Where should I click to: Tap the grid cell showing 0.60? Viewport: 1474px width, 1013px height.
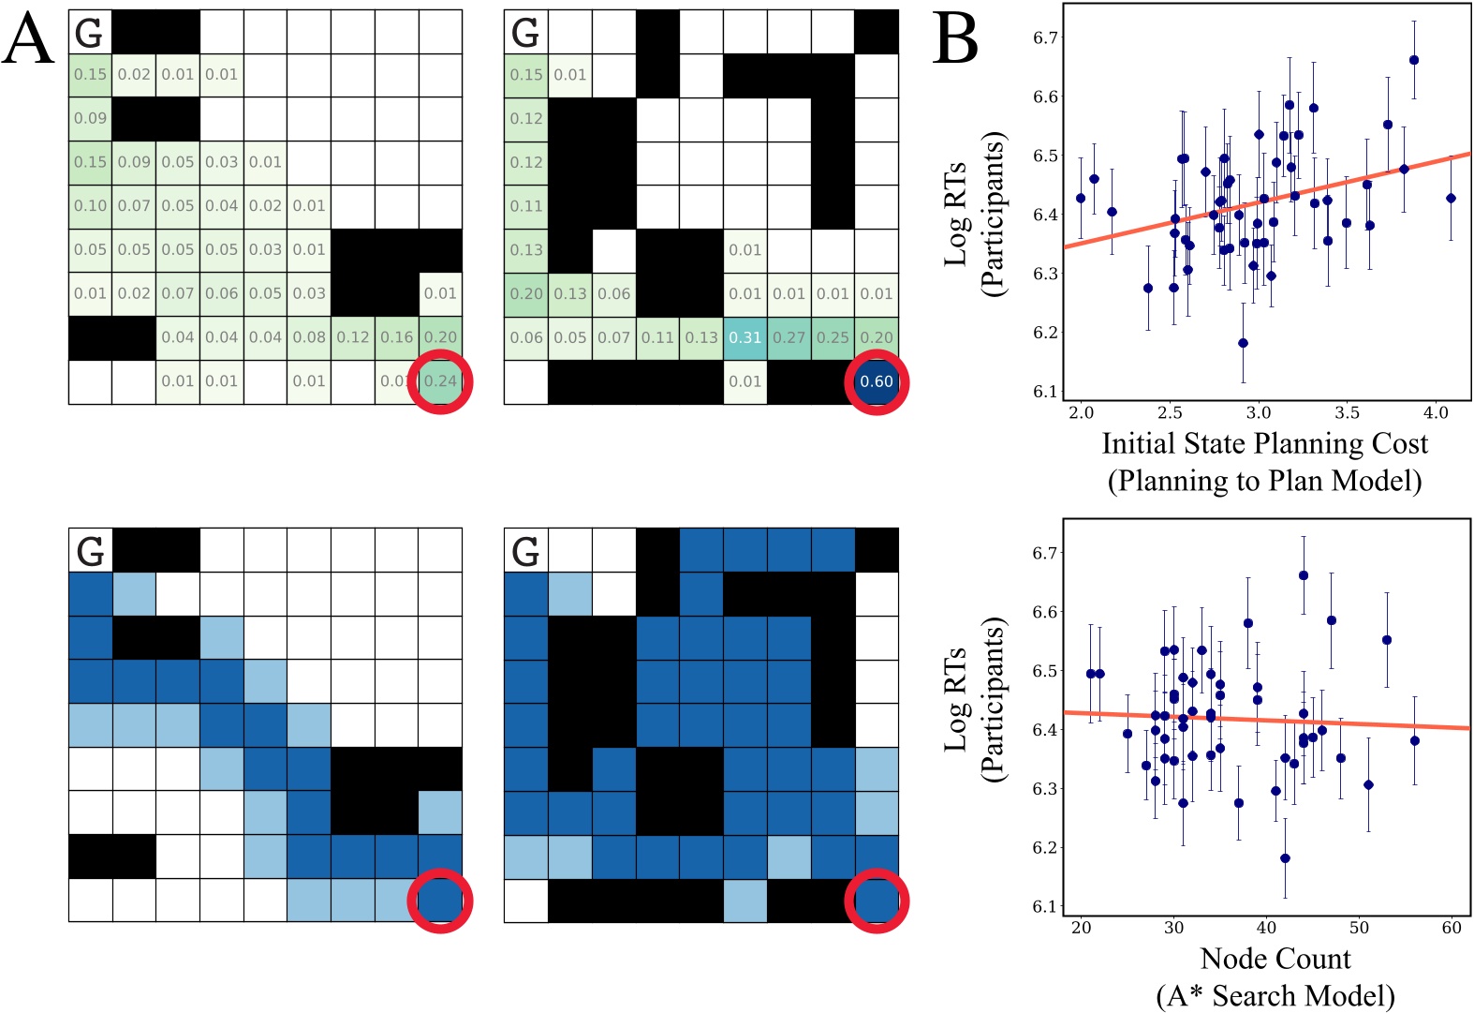coord(877,381)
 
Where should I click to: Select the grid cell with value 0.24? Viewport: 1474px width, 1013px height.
coord(440,381)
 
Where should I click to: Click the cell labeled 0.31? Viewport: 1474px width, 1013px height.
coord(745,337)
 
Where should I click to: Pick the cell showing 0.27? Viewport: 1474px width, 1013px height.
coord(789,337)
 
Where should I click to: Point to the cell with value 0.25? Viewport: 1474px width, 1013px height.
coord(833,337)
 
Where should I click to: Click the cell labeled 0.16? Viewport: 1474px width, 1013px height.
coord(397,337)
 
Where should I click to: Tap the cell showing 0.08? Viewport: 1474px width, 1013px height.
coord(309,337)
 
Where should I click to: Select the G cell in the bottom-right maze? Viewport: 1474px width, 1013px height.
coord(526,551)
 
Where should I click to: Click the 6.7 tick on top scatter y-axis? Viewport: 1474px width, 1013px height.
coord(1045,37)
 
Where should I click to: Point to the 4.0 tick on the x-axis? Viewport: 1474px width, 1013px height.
coord(1436,412)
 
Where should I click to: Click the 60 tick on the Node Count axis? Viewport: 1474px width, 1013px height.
coord(1452,928)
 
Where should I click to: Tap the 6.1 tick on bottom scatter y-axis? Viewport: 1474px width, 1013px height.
coord(1045,907)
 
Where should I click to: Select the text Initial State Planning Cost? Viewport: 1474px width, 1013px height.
coord(1265,443)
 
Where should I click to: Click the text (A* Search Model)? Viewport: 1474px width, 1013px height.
coord(1275,995)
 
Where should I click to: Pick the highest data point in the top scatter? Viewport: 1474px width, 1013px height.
coord(1414,60)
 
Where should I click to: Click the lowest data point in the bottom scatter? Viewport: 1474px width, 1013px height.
coord(1285,858)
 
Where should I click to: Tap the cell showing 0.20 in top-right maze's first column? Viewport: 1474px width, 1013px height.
coord(526,294)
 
